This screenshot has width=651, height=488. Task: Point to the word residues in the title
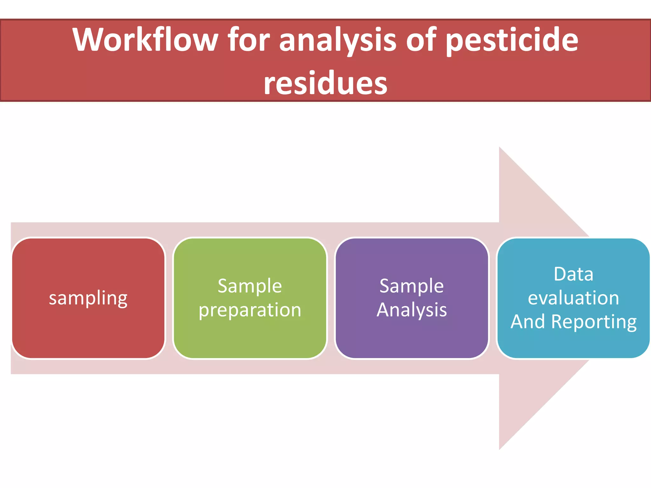[x=325, y=83]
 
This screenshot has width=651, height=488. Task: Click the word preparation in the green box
[x=250, y=310]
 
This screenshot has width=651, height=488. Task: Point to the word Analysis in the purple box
[x=412, y=310]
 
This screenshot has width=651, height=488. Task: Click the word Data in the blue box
[x=573, y=274]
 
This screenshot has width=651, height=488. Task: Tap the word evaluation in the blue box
[x=573, y=298]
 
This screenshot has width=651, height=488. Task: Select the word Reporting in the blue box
[x=594, y=322]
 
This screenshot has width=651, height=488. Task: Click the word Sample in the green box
[x=250, y=286]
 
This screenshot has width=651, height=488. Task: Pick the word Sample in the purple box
[x=412, y=286]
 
